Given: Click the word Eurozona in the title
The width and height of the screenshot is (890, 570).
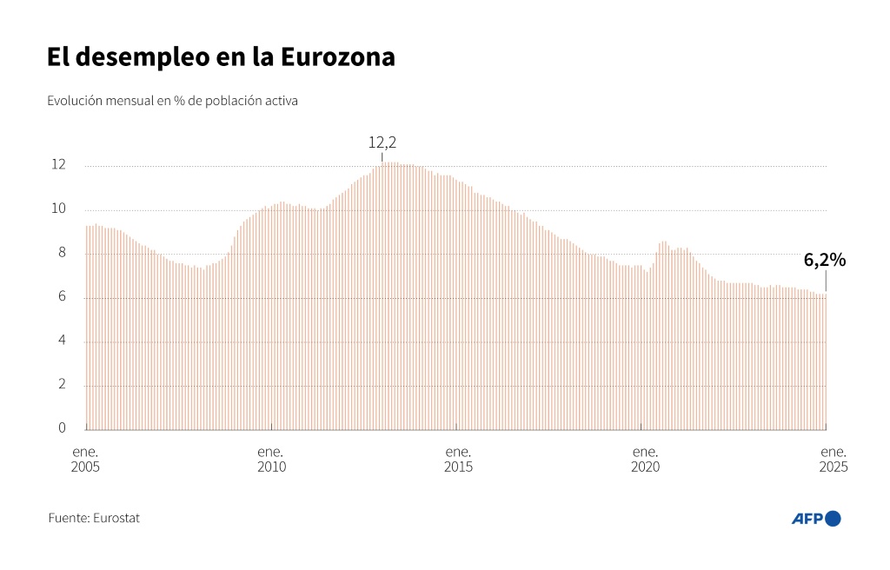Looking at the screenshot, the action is pyautogui.click(x=337, y=56).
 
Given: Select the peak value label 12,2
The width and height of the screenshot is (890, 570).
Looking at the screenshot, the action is pyautogui.click(x=382, y=142).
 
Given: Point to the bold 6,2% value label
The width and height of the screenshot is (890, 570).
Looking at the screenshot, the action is pyautogui.click(x=825, y=260).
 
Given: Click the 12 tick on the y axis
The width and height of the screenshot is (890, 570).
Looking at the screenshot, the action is pyautogui.click(x=58, y=164).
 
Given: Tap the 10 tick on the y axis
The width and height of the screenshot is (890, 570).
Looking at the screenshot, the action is pyautogui.click(x=58, y=209).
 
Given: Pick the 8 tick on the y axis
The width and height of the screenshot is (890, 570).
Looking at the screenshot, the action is pyautogui.click(x=62, y=252).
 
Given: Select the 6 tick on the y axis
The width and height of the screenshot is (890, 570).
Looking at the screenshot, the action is pyautogui.click(x=62, y=295).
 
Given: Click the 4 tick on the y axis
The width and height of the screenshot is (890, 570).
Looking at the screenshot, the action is pyautogui.click(x=62, y=340).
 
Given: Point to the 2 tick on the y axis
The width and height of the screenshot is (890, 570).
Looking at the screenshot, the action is pyautogui.click(x=62, y=384).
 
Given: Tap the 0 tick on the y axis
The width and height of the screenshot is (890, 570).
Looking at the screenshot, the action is pyautogui.click(x=62, y=427).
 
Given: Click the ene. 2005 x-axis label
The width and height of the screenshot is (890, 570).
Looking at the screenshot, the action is pyautogui.click(x=85, y=460).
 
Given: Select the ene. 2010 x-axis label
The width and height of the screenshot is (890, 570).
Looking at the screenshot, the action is pyautogui.click(x=271, y=460).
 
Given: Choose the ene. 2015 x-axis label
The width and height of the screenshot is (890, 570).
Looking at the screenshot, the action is pyautogui.click(x=458, y=460).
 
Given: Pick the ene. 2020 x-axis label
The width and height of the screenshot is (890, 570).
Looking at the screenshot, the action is pyautogui.click(x=646, y=460).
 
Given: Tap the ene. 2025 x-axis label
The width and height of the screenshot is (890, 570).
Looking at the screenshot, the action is pyautogui.click(x=834, y=460).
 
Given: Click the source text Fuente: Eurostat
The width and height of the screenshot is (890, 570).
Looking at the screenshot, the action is pyautogui.click(x=94, y=518).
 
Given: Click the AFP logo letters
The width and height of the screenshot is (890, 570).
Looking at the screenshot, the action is pyautogui.click(x=807, y=519).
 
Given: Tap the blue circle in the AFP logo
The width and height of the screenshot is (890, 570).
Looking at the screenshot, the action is pyautogui.click(x=833, y=519).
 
